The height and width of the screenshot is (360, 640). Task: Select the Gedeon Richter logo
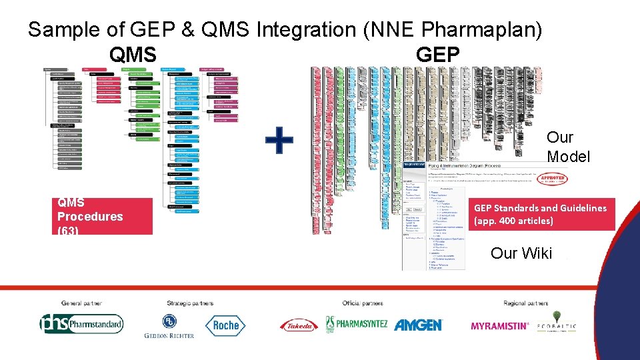(169, 326)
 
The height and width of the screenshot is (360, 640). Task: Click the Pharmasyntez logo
(357, 325)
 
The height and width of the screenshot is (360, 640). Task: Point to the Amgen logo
(418, 325)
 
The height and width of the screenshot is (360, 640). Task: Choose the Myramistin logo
(500, 326)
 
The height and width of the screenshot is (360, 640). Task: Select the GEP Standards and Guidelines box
(541, 214)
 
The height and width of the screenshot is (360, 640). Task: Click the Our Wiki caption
(521, 253)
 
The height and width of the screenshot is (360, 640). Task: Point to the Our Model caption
(568, 147)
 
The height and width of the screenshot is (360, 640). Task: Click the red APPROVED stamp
(553, 179)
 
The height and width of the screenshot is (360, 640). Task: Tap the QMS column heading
(134, 54)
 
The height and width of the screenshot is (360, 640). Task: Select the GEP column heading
(437, 54)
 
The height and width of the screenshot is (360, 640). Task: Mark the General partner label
(82, 303)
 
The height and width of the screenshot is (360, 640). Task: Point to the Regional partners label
(525, 303)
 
